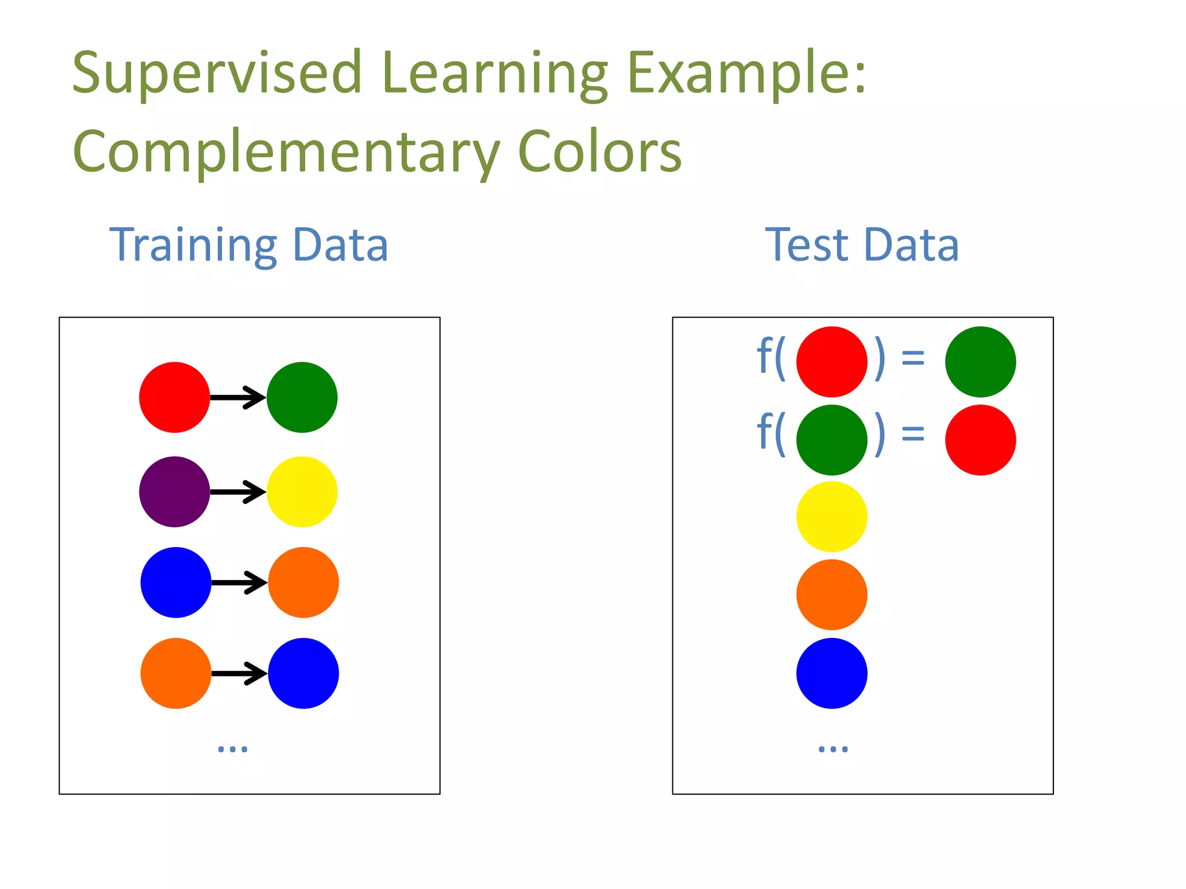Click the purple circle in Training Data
[174, 492]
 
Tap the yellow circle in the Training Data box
[302, 492]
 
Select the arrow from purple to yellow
[238, 492]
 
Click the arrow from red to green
[238, 397]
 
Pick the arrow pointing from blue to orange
[239, 582]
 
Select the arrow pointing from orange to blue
[239, 673]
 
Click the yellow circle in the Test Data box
[832, 517]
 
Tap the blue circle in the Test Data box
[832, 673]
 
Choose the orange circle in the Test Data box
[832, 594]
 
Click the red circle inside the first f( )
[832, 362]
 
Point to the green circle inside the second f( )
[832, 440]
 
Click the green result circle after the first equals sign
[980, 362]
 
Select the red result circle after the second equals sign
[980, 440]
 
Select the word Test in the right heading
[807, 245]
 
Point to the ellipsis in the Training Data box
[232, 748]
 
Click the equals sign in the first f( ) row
[913, 358]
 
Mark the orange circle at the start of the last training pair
[175, 673]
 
